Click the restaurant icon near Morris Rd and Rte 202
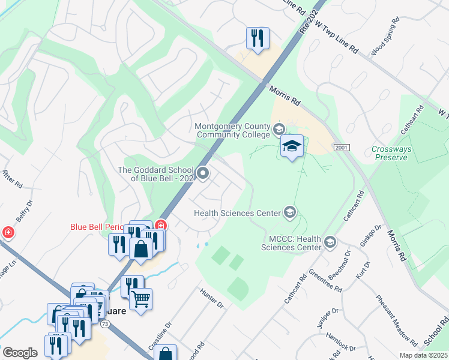[258, 38]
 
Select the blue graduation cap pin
[292, 146]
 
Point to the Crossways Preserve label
[389, 153]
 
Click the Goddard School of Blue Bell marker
[203, 174]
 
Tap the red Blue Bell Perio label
[96, 227]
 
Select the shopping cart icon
[140, 298]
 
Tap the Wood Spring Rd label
[385, 37]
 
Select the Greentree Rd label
[325, 281]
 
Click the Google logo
[20, 353]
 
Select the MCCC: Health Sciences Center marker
[329, 242]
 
